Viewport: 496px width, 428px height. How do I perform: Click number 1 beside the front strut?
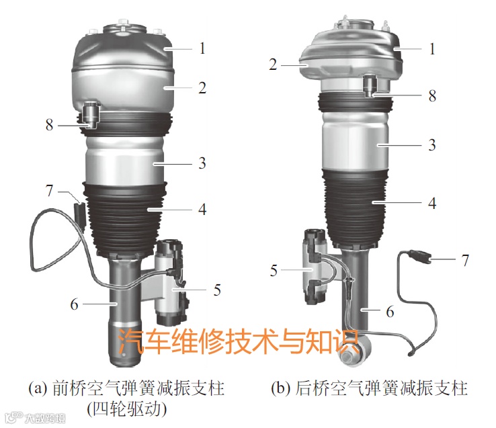202,48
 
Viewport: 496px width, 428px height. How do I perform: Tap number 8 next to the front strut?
49,124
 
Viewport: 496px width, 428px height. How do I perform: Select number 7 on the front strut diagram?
49,191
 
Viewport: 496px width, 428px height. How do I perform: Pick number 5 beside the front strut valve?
217,290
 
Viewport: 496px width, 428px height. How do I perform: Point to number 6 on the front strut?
74,304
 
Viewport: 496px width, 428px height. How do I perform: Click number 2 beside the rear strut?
273,65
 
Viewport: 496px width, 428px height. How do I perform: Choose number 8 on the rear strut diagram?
432,95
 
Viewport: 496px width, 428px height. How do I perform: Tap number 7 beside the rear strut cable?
465,260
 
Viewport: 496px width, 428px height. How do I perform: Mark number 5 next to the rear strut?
274,271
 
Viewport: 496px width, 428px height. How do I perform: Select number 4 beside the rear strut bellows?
432,203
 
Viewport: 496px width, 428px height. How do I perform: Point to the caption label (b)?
281,388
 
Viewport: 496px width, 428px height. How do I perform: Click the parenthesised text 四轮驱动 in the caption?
128,410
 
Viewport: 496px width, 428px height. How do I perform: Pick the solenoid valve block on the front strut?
170,282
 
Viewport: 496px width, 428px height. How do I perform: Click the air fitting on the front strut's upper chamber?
91,115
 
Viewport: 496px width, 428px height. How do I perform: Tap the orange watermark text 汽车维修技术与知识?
238,341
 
